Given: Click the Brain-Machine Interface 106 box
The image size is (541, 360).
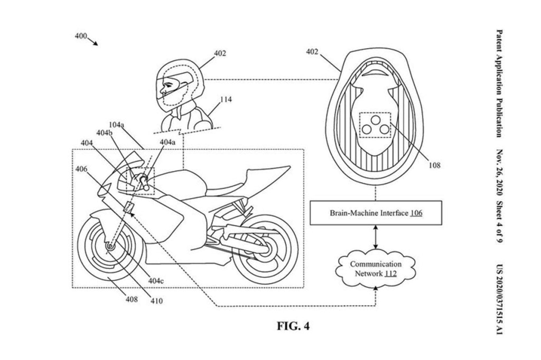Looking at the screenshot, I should tap(375, 213).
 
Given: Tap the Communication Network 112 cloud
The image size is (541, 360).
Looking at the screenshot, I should tap(376, 268).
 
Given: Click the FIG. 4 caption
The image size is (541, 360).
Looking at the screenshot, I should tap(293, 326).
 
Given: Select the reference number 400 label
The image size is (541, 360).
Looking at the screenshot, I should tap(81, 36).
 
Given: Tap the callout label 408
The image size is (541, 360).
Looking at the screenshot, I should tap(132, 299).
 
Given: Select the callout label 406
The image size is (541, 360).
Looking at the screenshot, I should tap(81, 169).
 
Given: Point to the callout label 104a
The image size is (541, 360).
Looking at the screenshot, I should tap(116, 125).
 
